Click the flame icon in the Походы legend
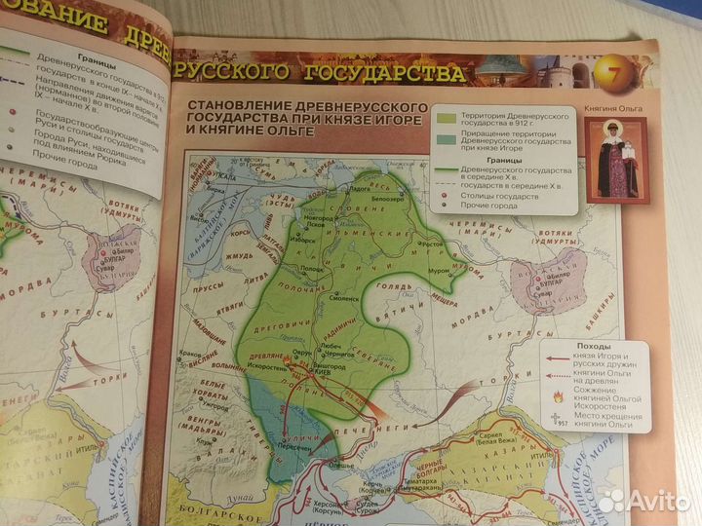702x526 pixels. (558, 398)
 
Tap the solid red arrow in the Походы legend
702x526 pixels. (559, 357)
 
